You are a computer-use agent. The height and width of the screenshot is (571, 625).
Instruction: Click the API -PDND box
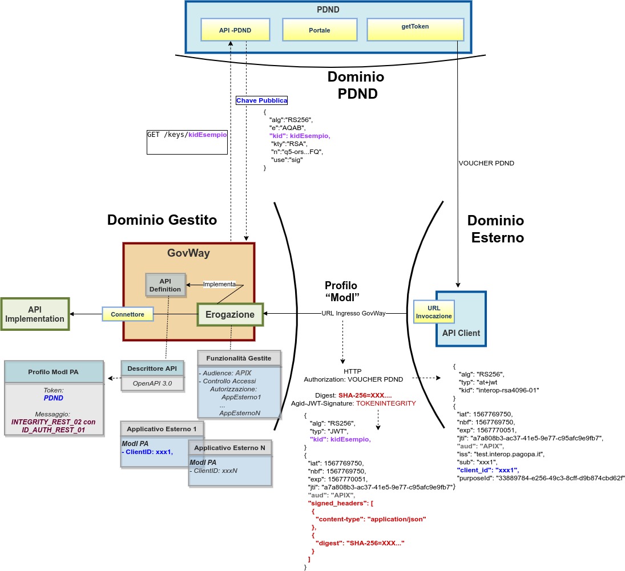[x=235, y=30]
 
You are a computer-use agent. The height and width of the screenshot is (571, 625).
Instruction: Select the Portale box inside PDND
[x=320, y=30]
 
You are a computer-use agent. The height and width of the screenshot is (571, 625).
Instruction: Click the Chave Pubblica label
[x=262, y=100]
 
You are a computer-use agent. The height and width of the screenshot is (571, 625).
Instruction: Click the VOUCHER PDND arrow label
[x=486, y=163]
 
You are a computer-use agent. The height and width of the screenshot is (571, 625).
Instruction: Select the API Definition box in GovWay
[x=166, y=285]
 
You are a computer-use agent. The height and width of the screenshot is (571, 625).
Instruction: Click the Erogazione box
[x=230, y=314]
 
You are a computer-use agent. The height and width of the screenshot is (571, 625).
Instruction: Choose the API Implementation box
[x=35, y=314]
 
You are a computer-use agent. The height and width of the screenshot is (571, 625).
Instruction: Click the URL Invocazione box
[x=433, y=311]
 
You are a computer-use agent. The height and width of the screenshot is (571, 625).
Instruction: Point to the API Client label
[x=461, y=333]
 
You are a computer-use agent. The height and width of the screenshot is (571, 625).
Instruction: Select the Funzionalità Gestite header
[x=239, y=358]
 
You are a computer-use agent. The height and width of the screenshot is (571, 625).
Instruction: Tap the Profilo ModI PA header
[x=54, y=372]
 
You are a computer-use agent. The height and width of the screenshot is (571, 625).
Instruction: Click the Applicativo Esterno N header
[x=231, y=448]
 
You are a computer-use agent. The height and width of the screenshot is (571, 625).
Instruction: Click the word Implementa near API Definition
[x=219, y=284]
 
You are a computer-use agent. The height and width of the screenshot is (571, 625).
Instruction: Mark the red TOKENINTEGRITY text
[x=386, y=403]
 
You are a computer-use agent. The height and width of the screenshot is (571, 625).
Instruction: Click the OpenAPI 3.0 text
[x=152, y=383]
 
